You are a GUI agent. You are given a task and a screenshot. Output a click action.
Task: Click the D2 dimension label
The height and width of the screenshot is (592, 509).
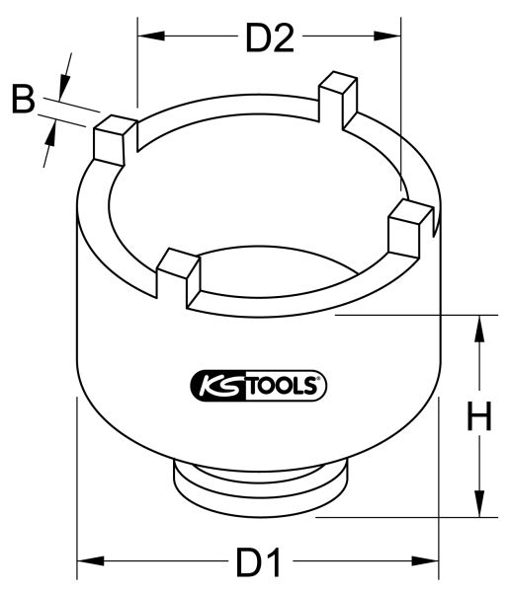click(x=270, y=38)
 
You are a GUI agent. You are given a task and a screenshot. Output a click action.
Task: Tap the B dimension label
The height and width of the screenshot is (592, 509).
click(x=23, y=99)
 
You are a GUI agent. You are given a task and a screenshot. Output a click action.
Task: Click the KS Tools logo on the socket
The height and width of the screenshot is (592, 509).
click(x=257, y=385)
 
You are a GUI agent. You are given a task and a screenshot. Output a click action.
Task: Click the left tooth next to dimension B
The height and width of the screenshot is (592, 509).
click(x=115, y=138)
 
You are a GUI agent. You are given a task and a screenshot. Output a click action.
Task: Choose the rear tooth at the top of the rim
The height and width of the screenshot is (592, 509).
click(x=337, y=100)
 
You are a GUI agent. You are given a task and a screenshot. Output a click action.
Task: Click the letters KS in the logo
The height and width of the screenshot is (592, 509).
click(x=212, y=385)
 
